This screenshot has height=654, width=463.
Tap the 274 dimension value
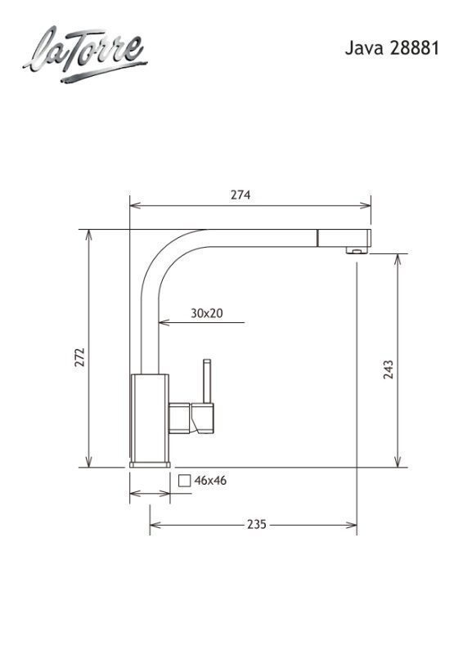point(240,195)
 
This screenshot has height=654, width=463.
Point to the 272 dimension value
point(79,357)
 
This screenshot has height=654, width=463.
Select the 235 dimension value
point(256,525)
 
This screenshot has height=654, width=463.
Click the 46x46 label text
point(210,481)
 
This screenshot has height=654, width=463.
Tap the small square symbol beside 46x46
point(184,481)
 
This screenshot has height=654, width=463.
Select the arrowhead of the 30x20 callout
point(162,323)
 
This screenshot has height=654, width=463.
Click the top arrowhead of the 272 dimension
point(89,234)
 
